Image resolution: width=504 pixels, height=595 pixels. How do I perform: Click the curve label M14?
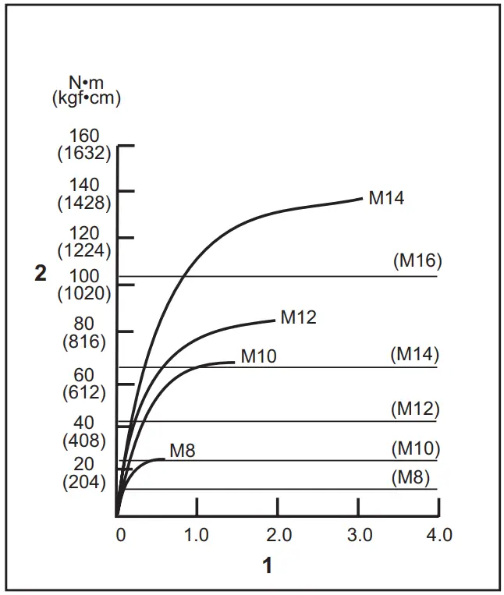tap(386, 198)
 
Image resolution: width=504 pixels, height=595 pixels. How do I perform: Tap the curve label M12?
tap(298, 317)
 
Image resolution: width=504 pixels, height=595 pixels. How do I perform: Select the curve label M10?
tap(258, 357)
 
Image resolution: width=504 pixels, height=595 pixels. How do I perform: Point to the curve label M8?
tap(182, 450)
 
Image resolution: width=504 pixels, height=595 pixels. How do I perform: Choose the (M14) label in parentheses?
tap(415, 354)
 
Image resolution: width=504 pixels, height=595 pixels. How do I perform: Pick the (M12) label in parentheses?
tap(415, 409)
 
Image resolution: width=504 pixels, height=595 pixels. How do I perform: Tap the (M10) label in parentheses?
tap(415, 449)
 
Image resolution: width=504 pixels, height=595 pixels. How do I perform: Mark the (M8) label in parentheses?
tap(411, 477)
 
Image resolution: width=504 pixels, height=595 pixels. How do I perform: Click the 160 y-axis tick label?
tap(84, 136)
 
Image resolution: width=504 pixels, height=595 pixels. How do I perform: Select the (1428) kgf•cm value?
tap(84, 202)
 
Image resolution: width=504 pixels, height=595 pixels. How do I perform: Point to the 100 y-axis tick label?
tap(84, 276)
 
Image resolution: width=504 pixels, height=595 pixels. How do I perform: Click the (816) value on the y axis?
tap(84, 341)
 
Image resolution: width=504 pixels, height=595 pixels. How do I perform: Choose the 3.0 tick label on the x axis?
tap(359, 536)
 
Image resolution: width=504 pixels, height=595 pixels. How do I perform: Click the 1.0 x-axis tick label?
tap(197, 536)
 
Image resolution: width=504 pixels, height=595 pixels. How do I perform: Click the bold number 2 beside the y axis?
tap(41, 274)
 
